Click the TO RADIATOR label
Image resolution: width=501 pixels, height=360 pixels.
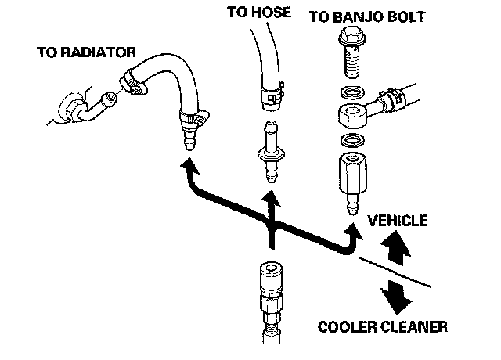point(87,52)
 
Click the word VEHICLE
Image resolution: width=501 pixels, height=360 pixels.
point(400,221)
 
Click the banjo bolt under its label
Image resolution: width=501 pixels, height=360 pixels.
point(350,54)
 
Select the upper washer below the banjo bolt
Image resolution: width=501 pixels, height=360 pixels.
point(351,95)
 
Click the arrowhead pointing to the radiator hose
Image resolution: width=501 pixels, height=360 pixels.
point(188,165)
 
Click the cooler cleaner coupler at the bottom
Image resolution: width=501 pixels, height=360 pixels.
point(269,297)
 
